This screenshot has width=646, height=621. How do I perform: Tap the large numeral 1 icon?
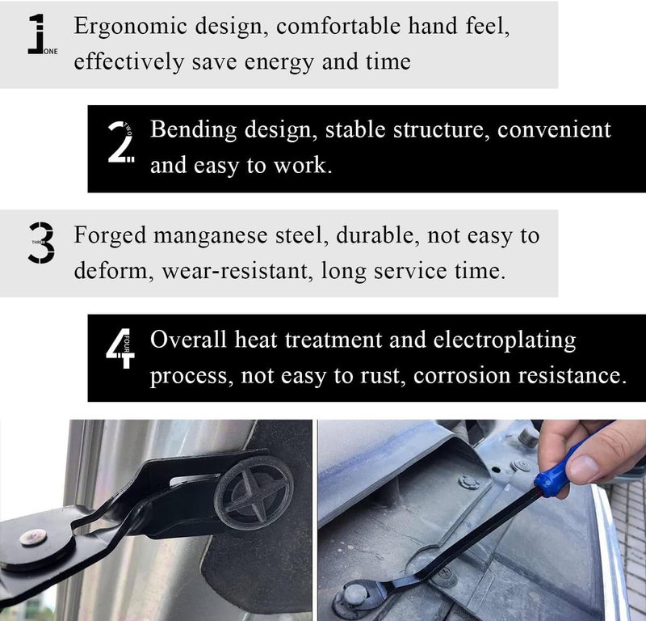(x=36, y=34)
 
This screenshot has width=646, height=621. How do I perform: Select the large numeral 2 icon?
(x=120, y=142)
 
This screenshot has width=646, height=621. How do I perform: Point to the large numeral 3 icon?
(x=41, y=243)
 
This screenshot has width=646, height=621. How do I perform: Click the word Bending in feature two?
(x=193, y=130)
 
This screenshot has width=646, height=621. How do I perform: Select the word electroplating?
(x=505, y=341)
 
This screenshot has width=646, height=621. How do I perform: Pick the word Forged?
(x=110, y=236)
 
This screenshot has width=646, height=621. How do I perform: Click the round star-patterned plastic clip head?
(x=254, y=493)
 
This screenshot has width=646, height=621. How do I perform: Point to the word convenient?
(x=554, y=130)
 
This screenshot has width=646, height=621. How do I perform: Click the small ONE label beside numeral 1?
(x=51, y=52)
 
